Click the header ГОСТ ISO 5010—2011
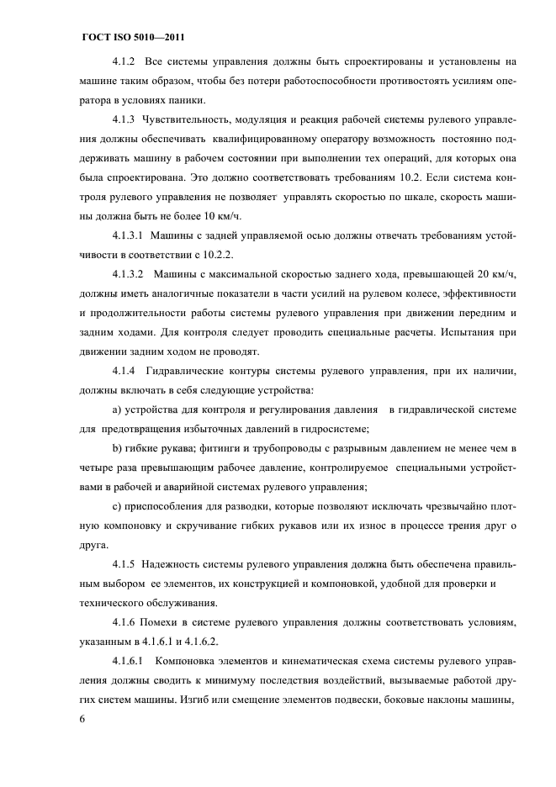point(133,37)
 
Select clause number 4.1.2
point(125,62)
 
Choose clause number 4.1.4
point(125,371)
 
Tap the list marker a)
point(117,409)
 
